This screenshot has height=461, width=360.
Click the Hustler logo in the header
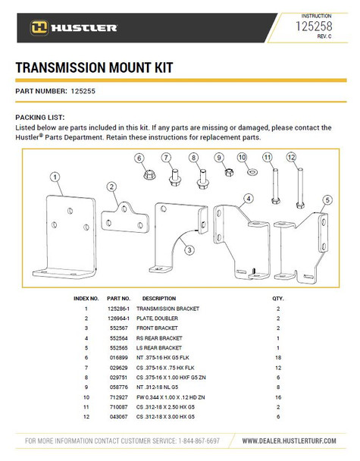74,28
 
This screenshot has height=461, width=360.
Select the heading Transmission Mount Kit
93,68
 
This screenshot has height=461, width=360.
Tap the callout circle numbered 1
55,177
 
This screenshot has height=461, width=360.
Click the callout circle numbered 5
327,200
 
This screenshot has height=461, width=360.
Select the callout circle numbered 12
290,157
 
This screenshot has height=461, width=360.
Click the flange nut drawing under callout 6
140,174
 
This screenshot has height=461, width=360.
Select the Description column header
158,299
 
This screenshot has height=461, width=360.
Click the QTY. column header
277,299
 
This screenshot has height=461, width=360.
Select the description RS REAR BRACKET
159,337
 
